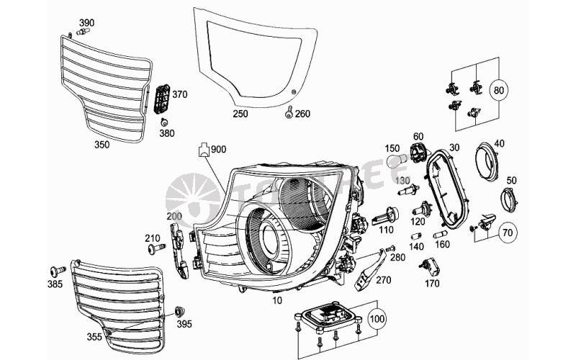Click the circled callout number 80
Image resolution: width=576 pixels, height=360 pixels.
(498, 91)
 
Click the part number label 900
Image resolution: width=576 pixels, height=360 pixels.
(218, 149)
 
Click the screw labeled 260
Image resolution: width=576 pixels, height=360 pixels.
(289, 112)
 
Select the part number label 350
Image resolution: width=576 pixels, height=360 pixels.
(103, 145)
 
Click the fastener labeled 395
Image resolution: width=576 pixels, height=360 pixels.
(180, 312)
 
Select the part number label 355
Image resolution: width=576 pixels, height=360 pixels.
(94, 335)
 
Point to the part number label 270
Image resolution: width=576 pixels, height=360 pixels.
(383, 281)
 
